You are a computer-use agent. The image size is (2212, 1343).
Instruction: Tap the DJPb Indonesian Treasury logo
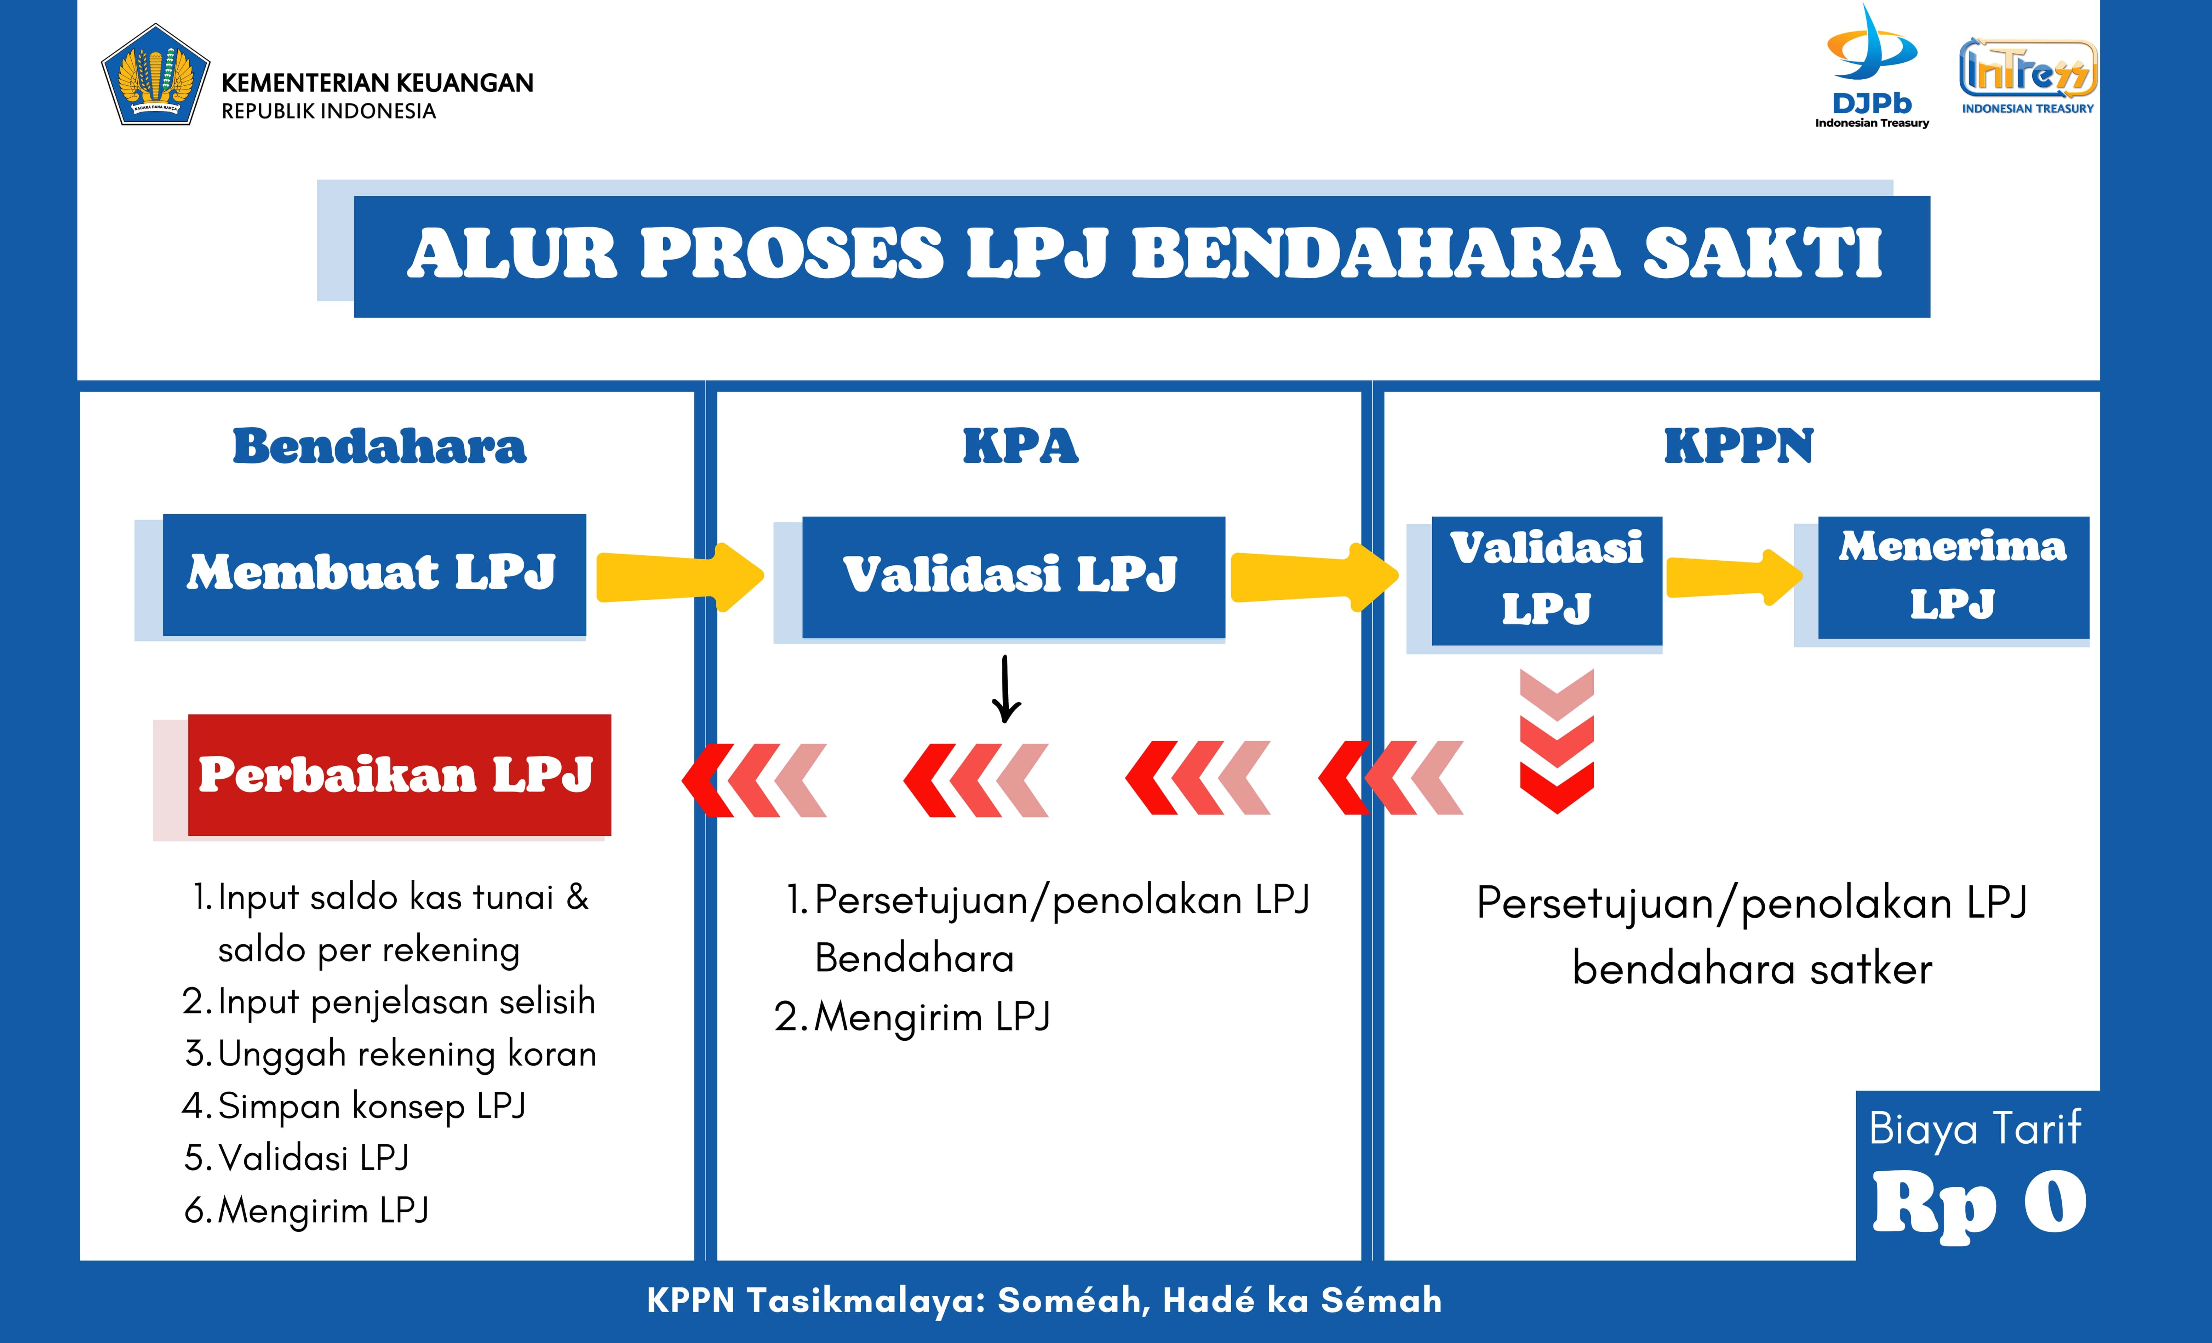1872,67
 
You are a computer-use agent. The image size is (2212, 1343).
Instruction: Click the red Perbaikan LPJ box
400,775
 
